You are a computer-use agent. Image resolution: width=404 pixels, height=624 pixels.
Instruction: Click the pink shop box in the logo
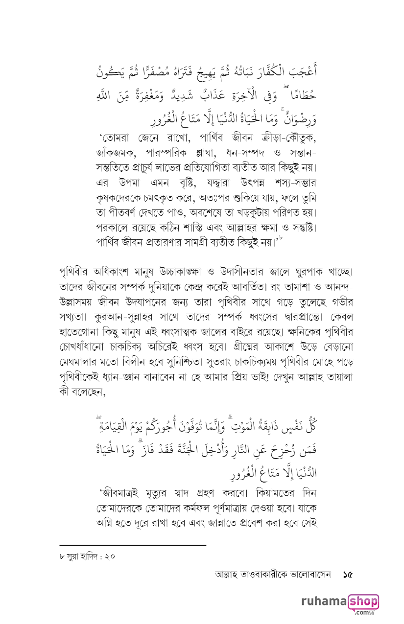pos(363,601)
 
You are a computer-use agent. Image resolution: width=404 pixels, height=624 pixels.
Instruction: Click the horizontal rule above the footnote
pos(132,545)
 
